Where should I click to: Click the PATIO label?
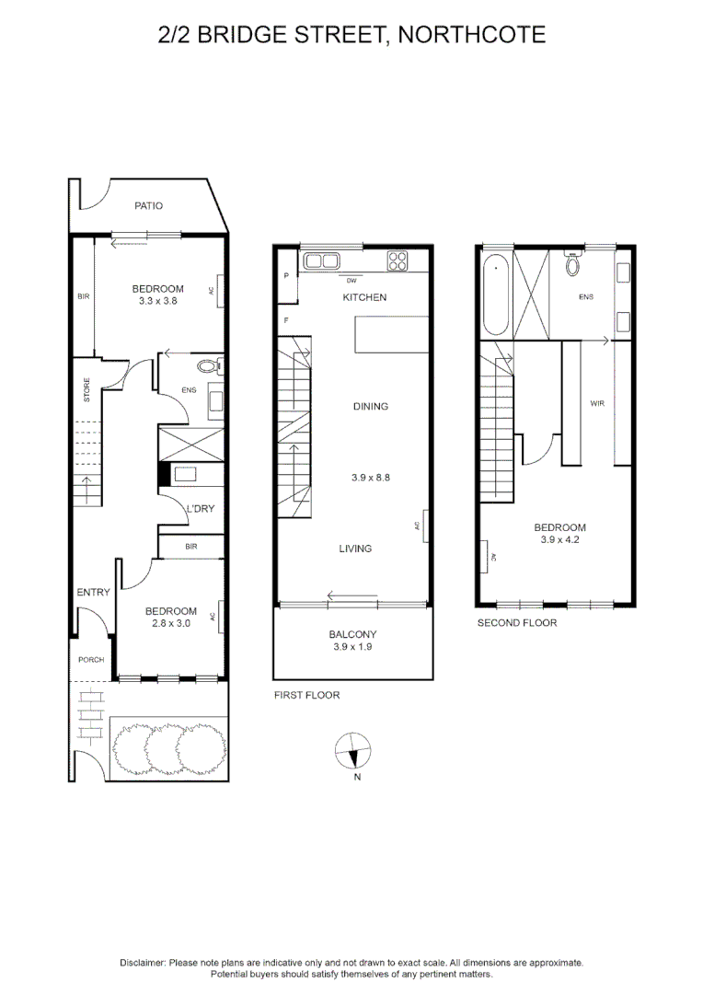[148, 205]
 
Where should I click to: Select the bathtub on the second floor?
[495, 295]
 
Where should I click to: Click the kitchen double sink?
[321, 261]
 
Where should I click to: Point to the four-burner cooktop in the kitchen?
[398, 261]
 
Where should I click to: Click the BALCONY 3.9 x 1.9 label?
[352, 641]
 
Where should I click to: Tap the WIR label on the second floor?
[597, 403]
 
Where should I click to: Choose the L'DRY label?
[201, 508]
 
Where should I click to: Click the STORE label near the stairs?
[86, 389]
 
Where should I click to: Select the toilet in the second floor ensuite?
[573, 264]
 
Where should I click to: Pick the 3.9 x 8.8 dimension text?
[371, 478]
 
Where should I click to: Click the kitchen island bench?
[391, 335]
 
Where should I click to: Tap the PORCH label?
[91, 659]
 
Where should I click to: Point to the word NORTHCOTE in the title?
[472, 34]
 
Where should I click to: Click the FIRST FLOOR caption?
[306, 695]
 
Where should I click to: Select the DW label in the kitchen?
[351, 280]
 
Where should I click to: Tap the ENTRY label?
[93, 592]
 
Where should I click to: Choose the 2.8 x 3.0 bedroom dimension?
[171, 623]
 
